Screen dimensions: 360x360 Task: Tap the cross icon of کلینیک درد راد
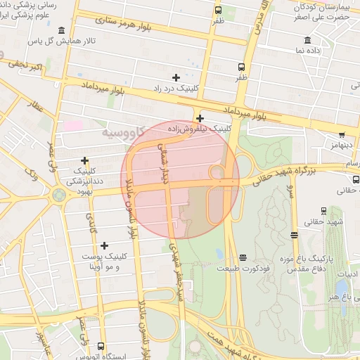[x=176, y=77]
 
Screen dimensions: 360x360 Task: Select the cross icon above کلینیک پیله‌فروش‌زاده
[x=200, y=118]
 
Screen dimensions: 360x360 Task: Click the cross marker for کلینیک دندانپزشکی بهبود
[x=85, y=160]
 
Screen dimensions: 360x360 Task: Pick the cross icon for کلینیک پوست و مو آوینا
[x=105, y=245]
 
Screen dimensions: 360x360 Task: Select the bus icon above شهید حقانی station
[x=323, y=210]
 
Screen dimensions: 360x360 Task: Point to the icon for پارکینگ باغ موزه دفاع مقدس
[x=294, y=236]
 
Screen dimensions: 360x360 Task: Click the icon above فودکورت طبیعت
[x=243, y=257]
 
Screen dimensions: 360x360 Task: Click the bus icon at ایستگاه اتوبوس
[x=101, y=346]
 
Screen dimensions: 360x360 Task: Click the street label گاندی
[x=92, y=219]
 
